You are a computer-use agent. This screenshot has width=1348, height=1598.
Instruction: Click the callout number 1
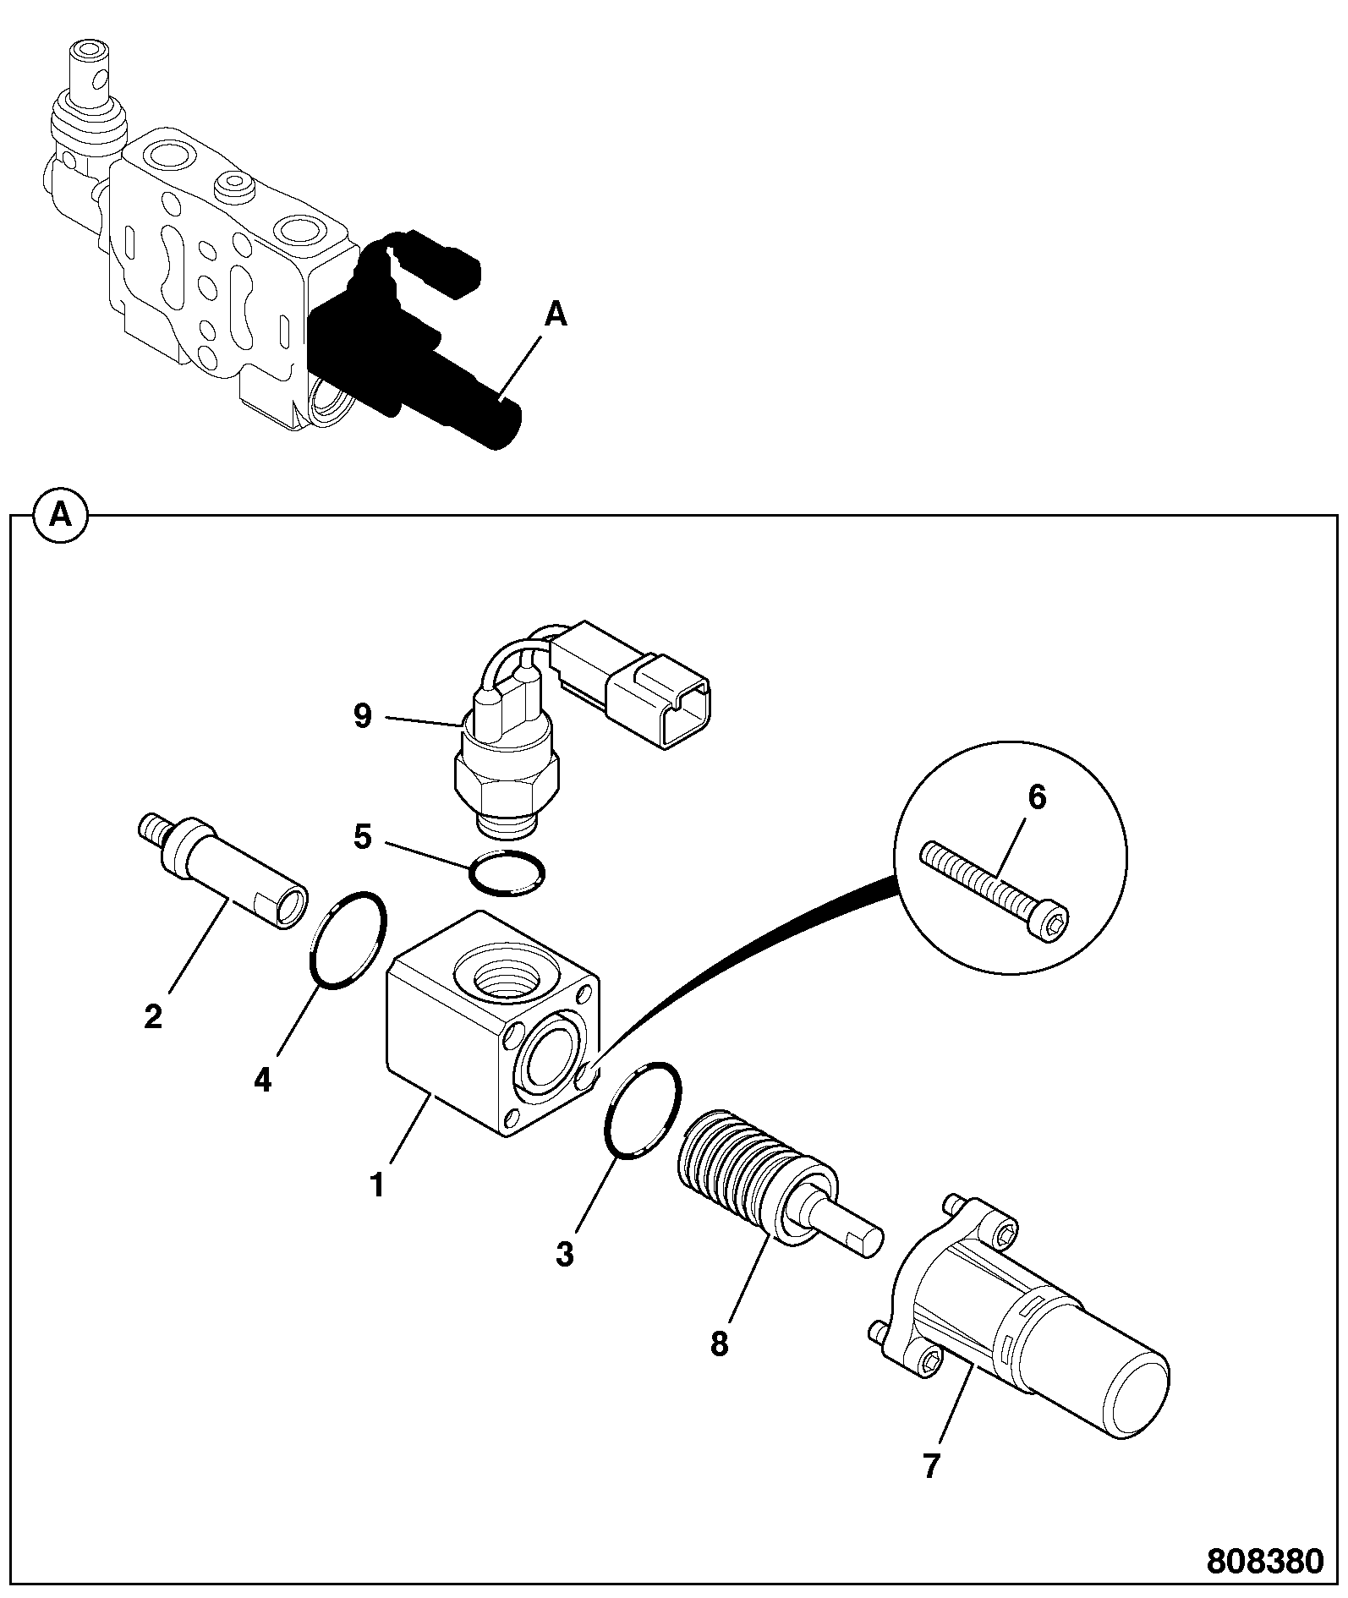pos(377,1185)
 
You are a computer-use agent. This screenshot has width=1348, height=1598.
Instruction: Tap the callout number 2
pos(153,1016)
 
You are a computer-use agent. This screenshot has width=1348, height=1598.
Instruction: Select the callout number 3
pos(565,1253)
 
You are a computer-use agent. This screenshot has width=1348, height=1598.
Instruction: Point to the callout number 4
pos(263,1080)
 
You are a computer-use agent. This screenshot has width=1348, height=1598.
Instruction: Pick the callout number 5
pos(363,838)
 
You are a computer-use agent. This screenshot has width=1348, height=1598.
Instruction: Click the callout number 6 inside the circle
pos(1037,797)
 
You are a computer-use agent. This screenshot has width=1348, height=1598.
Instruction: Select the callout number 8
pos(719,1344)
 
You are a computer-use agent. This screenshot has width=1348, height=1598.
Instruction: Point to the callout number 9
pos(362,717)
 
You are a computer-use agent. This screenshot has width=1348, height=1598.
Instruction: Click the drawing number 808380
pos(1263,1561)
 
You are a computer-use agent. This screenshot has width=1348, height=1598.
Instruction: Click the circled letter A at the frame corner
pos(60,513)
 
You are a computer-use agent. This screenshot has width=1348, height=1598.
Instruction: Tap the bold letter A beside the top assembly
pos(555,315)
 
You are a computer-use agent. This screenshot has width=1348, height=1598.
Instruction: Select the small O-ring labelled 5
pos(507,872)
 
